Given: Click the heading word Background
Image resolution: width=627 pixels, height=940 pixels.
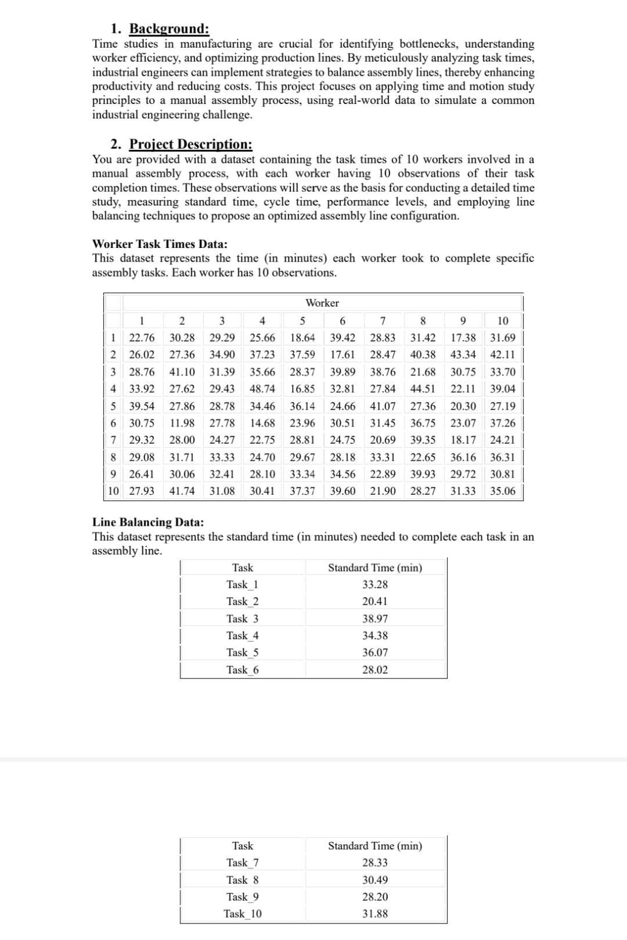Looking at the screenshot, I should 169,29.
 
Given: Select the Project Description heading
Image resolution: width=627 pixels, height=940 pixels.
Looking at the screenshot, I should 190,145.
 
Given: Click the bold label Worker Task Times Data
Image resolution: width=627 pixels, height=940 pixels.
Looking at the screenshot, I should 160,244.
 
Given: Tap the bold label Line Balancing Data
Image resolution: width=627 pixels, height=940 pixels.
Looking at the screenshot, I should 148,522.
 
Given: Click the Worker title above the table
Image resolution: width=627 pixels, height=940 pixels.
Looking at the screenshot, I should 322,303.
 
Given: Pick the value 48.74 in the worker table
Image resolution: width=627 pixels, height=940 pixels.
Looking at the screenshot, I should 262,388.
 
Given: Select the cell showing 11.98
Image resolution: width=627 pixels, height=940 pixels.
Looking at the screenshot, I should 182,422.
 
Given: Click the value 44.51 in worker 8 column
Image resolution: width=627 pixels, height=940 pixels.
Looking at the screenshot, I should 423,388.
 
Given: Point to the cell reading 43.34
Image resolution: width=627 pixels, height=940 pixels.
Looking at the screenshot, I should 463,354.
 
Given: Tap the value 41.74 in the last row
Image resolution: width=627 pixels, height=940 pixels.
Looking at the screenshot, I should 182,491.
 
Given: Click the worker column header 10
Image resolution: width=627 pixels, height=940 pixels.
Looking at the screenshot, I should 502,321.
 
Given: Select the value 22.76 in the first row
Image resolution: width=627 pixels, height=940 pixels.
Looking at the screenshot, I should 142,338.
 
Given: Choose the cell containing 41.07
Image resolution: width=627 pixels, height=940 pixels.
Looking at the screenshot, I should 383,406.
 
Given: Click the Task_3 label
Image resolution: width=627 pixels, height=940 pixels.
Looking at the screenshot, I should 242,619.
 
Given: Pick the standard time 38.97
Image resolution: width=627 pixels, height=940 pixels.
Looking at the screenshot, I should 375,619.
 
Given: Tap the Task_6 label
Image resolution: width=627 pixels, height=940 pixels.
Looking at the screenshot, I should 242,670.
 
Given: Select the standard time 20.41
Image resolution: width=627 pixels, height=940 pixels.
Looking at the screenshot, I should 375,602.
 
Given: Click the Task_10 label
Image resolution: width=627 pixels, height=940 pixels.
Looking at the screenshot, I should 242,914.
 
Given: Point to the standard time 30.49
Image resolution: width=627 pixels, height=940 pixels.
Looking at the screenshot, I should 375,880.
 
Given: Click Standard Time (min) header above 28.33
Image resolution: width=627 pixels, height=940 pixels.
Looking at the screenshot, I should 375,846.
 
